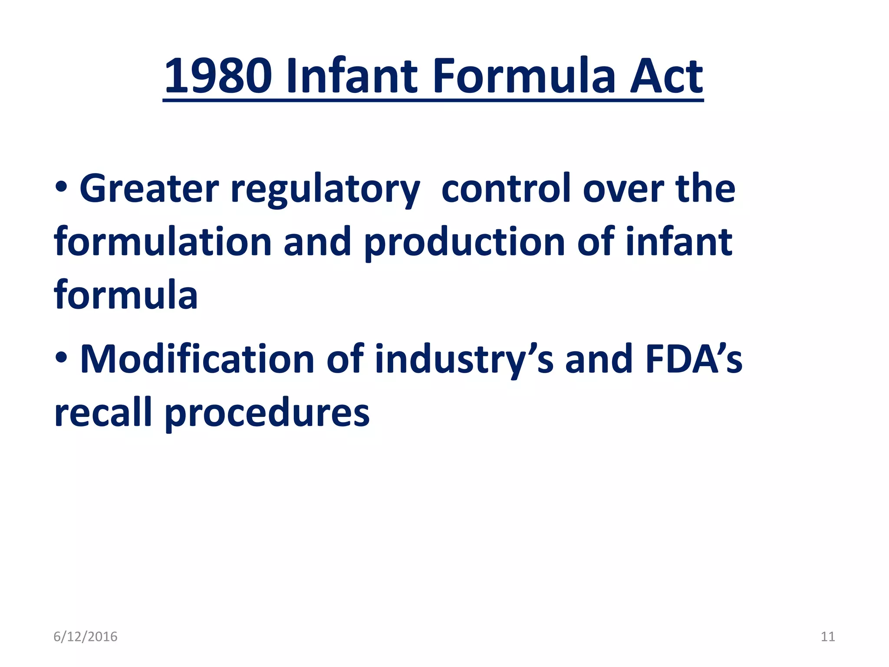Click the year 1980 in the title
[218, 76]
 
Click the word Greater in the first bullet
[149, 189]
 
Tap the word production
[464, 243]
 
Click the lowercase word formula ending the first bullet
[126, 295]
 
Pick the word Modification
[198, 359]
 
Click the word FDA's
[694, 359]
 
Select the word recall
[103, 413]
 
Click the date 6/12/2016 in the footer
[86, 637]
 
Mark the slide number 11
[828, 637]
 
